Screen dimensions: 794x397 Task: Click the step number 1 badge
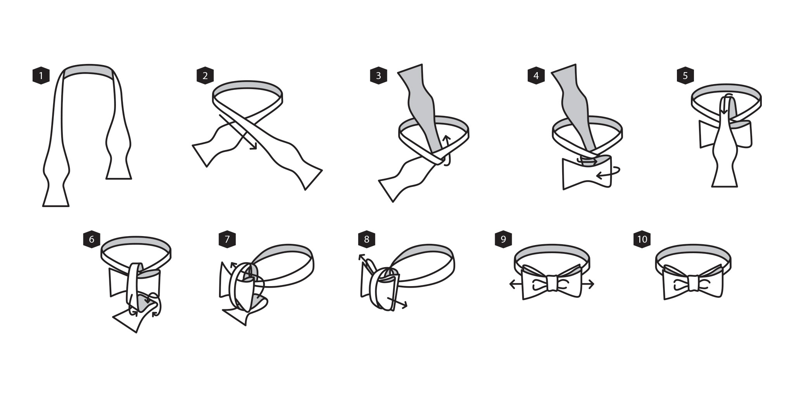tap(41, 76)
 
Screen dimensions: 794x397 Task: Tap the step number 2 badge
tap(205, 76)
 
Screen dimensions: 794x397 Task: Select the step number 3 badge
tap(378, 76)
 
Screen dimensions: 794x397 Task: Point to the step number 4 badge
tap(536, 76)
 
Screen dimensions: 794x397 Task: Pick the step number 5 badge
tap(685, 76)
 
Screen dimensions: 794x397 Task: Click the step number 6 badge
tap(91, 239)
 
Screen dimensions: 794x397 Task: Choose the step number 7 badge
tap(227, 239)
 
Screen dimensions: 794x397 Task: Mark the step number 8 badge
tap(367, 239)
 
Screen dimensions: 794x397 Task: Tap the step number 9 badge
tap(503, 239)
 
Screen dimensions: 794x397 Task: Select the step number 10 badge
tap(642, 239)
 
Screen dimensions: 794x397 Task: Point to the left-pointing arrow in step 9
tap(516, 285)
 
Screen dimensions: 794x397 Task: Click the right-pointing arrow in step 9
tap(587, 285)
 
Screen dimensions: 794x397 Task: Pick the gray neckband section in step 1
tap(88, 72)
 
